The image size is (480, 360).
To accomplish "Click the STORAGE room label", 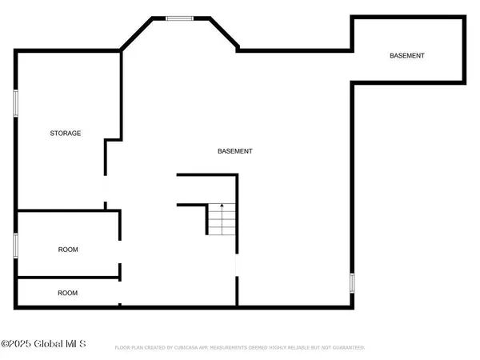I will (66, 133).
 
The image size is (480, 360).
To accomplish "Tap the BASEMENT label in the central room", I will (235, 151).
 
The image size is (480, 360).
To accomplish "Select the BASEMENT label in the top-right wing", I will (406, 55).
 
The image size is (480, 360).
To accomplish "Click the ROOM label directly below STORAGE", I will (68, 250).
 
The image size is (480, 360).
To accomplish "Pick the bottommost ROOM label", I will (68, 293).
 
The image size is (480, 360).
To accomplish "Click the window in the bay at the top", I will (178, 18).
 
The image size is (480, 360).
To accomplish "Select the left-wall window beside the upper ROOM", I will (15, 245).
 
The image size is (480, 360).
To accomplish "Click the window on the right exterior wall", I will (352, 282).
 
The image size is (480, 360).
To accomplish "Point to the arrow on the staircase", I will (222, 209).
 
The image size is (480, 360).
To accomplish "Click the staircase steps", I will (222, 220).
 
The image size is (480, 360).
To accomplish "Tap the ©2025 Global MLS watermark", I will (43, 345).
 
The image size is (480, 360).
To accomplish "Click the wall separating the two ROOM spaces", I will (68, 278).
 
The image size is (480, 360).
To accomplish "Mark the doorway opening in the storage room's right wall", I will (105, 192).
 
